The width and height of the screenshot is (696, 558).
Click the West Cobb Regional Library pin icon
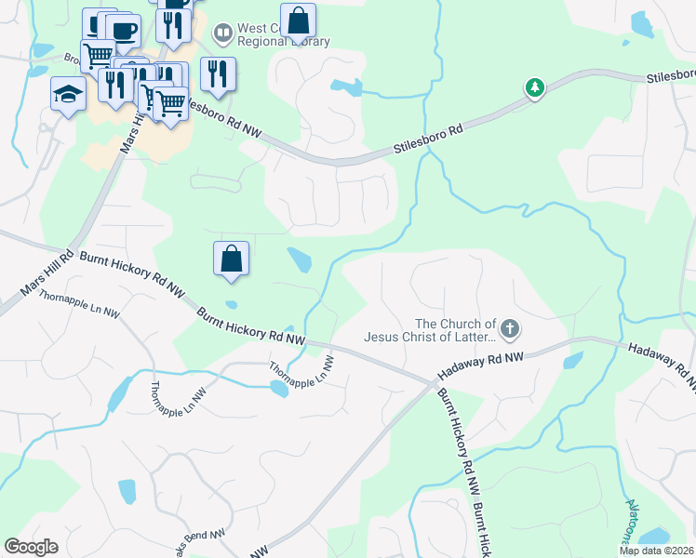pos(222,34)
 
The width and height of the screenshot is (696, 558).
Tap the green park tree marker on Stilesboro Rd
pos(534,88)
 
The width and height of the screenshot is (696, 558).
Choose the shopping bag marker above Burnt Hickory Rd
pos(231,259)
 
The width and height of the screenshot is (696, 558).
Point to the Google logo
pos(31,547)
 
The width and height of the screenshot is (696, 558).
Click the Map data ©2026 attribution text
pos(656,551)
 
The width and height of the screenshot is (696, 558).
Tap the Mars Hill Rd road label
pos(47,279)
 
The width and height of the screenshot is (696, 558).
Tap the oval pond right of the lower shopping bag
pos(300,260)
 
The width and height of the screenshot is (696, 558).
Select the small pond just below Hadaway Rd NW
pos(572,360)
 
